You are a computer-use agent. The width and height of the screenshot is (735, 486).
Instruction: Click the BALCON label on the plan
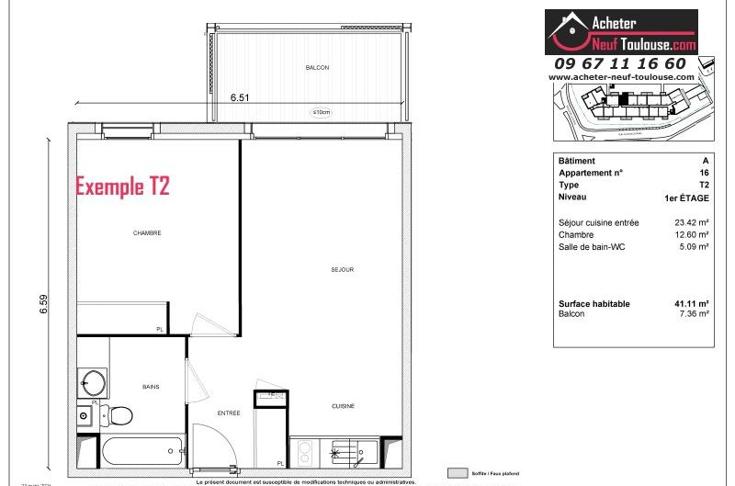click(x=317, y=68)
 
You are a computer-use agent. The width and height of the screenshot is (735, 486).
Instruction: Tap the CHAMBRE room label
click(x=147, y=233)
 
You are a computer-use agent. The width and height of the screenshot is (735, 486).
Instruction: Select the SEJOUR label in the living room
click(x=343, y=270)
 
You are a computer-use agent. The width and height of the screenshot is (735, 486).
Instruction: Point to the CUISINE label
click(x=343, y=406)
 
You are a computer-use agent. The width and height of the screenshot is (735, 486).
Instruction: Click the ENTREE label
click(x=229, y=413)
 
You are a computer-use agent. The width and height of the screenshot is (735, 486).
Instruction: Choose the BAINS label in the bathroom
click(x=150, y=388)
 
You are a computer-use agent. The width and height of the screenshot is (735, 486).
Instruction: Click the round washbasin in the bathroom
click(x=92, y=381)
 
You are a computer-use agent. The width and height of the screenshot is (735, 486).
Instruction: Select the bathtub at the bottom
click(x=138, y=451)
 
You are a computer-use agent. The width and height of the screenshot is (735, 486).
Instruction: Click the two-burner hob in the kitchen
click(x=303, y=451)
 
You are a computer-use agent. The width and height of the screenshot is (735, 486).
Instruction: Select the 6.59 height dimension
click(x=43, y=303)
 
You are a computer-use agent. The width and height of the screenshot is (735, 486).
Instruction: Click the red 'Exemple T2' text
click(x=122, y=186)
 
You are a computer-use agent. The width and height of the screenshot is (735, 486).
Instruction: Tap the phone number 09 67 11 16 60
click(x=619, y=63)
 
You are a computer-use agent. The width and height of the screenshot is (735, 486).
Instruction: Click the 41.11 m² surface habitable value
click(x=692, y=304)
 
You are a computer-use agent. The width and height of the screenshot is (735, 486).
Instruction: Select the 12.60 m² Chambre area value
click(x=692, y=234)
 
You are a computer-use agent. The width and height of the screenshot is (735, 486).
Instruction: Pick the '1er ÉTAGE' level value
click(x=686, y=198)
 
